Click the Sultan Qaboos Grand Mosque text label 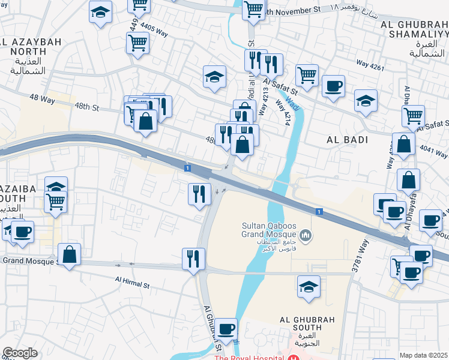[269, 230]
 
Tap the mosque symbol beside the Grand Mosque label [306, 234]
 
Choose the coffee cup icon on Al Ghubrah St [226, 328]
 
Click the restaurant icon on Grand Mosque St [193, 259]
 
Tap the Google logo [20, 353]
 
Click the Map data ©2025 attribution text [424, 355]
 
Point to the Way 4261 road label [386, 67]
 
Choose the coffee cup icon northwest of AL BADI [333, 86]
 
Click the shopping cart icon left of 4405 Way [138, 43]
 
